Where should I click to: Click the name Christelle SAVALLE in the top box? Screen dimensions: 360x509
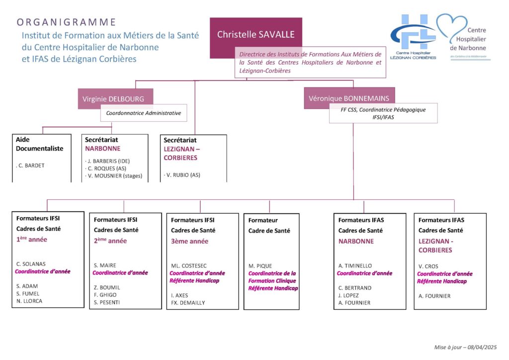pos(255,34)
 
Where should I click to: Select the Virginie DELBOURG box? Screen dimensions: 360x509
pos(115,98)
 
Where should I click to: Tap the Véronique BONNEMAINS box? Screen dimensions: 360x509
pos(348,98)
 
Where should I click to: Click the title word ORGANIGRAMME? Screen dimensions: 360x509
pos(66,22)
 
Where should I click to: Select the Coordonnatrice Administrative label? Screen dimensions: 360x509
pos(144,113)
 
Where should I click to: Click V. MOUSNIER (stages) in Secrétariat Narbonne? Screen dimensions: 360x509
pos(114,176)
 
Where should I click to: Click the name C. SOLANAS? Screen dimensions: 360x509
pos(31,264)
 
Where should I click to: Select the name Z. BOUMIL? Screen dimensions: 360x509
pos(107,287)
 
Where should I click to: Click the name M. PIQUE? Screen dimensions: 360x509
pos(260,266)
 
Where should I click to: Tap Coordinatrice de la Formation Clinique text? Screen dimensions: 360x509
pos(272,277)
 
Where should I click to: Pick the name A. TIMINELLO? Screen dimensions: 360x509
pos(355,266)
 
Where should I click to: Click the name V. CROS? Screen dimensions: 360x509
pos(428,266)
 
